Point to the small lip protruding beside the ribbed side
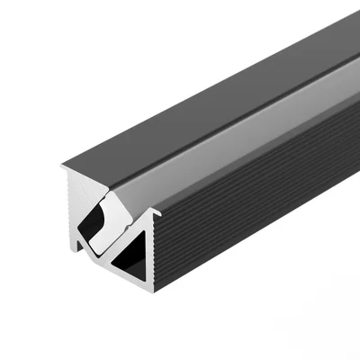(156, 213)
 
